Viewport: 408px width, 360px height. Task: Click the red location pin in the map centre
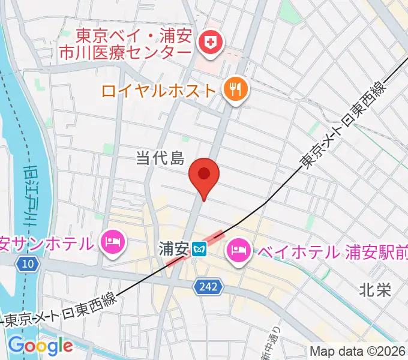tap(204, 175)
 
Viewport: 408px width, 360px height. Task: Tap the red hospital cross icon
tap(211, 42)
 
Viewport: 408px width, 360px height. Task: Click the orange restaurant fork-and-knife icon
tap(233, 90)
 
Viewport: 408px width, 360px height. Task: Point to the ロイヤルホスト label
tap(158, 91)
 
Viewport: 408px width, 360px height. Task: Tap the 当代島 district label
tap(159, 158)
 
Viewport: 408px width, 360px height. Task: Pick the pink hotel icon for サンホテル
tap(113, 242)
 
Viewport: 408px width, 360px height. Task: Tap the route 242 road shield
tap(203, 289)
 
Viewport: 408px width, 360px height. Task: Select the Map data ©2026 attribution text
tap(358, 351)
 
